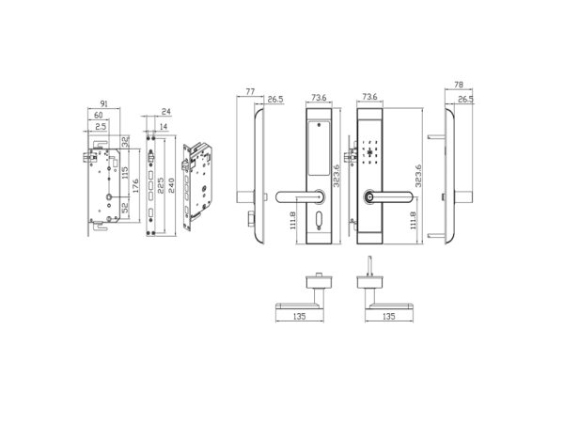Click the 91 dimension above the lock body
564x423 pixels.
coord(103,104)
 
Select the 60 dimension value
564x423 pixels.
coord(98,115)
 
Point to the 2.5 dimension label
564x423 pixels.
coord(102,127)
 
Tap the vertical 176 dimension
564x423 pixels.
coord(135,185)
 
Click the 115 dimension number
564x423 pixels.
coord(125,172)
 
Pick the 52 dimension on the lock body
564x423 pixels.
coord(125,208)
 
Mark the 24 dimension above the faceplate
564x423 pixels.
coord(165,112)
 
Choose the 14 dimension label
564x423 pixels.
coord(164,127)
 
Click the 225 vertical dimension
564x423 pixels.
coord(161,185)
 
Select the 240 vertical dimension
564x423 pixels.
coord(171,185)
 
